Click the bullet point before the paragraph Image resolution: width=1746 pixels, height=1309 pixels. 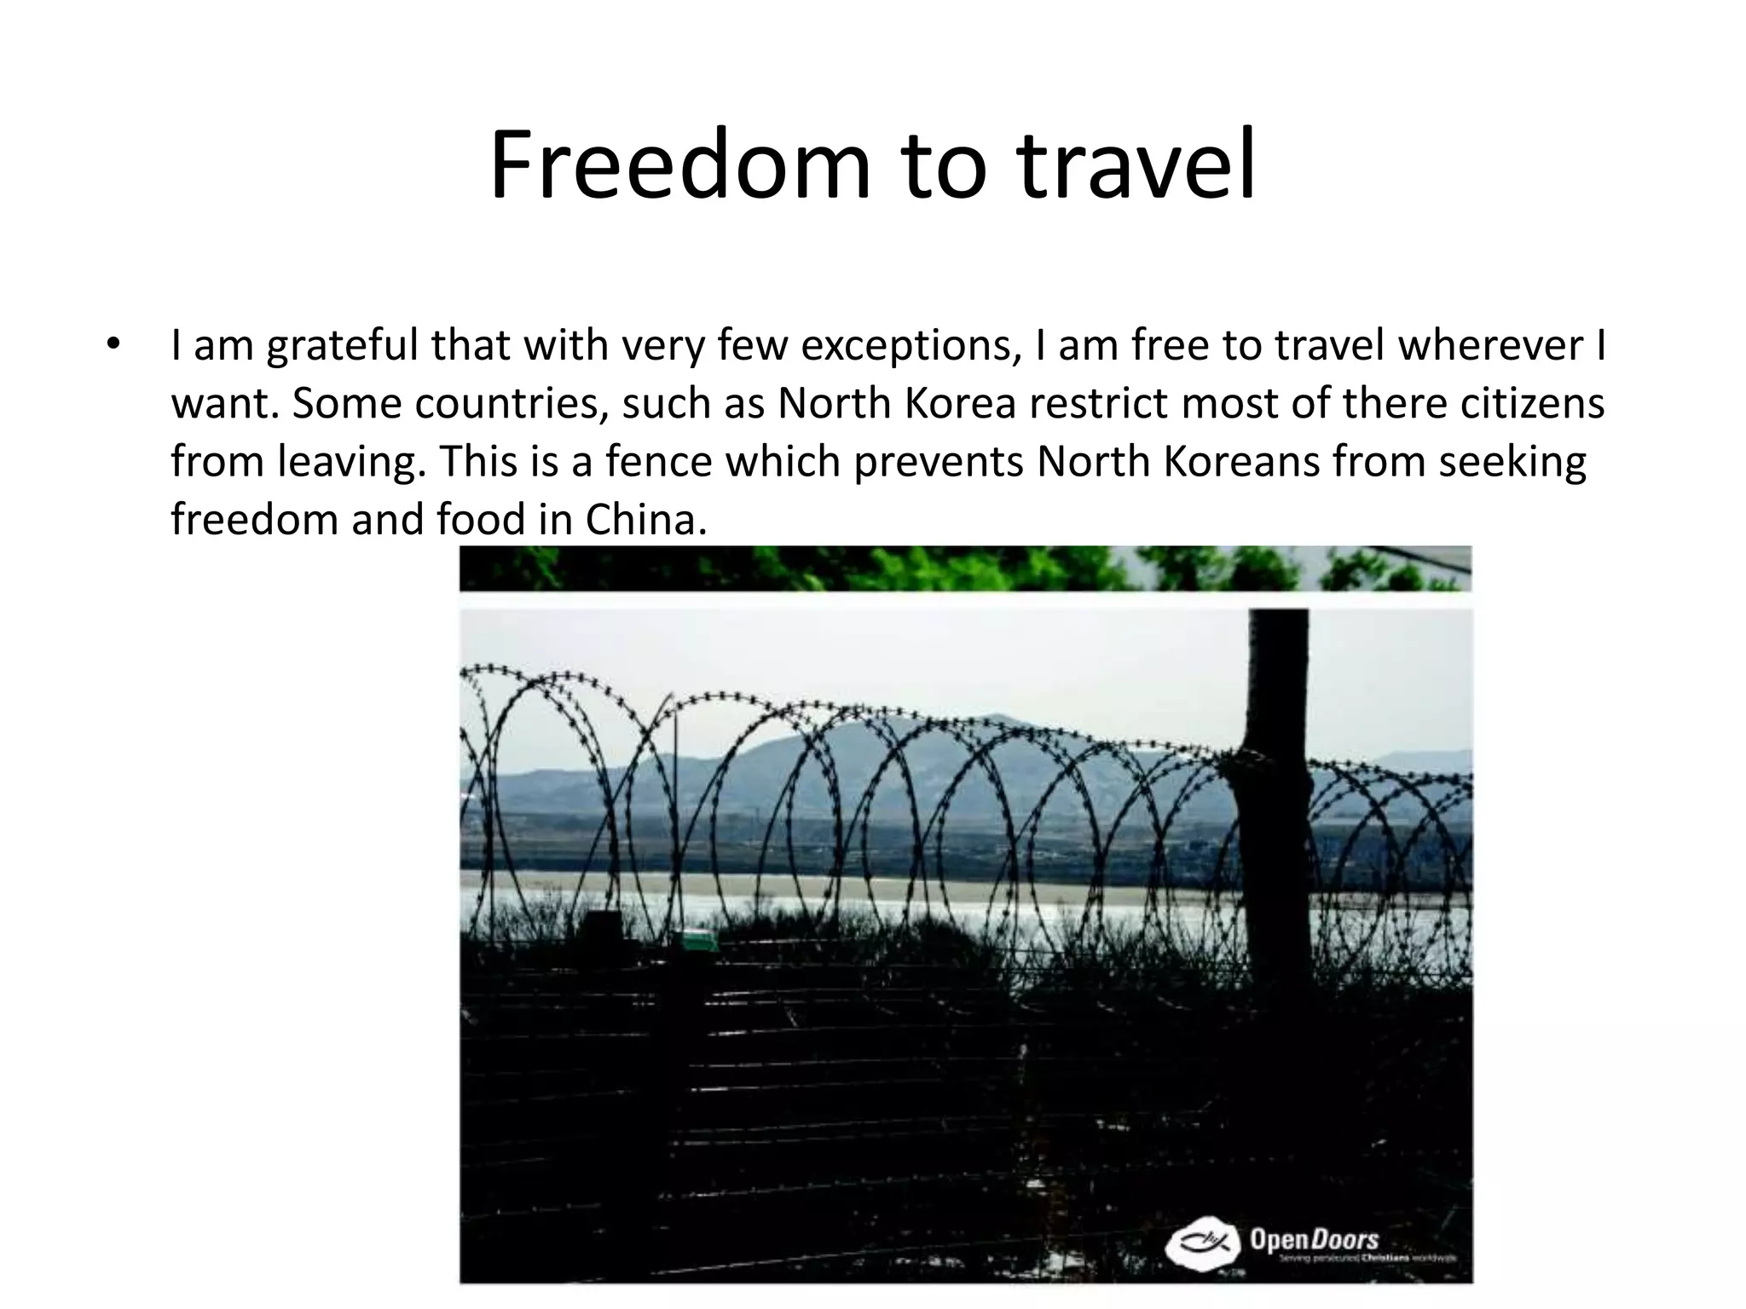pyautogui.click(x=113, y=345)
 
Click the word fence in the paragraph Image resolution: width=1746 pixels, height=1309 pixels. pyautogui.click(x=654, y=461)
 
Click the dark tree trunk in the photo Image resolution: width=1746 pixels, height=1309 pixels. pyautogui.click(x=1276, y=810)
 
